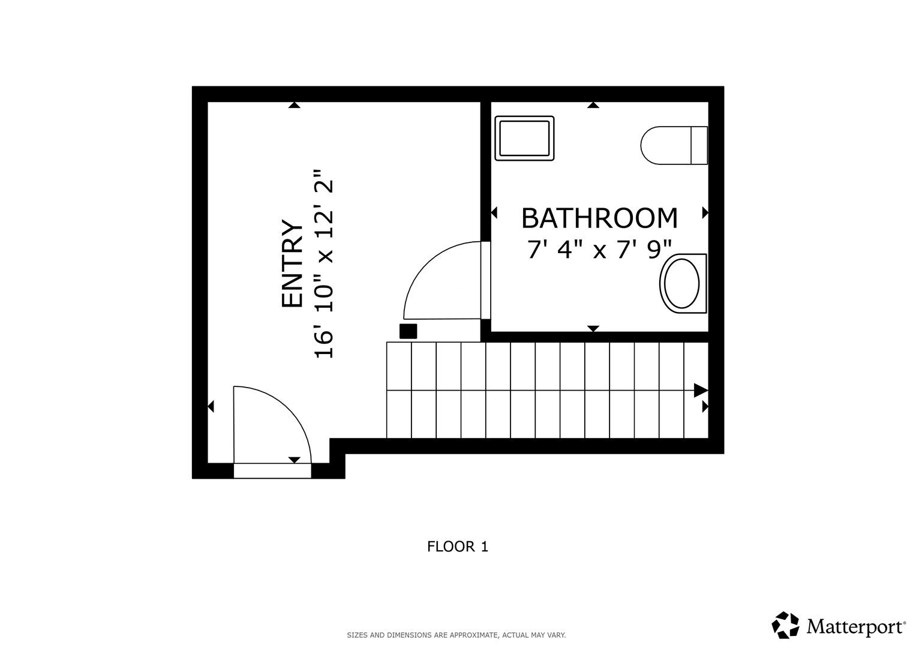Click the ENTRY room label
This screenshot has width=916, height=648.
coord(292,263)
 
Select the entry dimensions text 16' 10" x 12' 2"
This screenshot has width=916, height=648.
coord(324,263)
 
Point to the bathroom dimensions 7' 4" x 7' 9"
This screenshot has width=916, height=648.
coord(599,250)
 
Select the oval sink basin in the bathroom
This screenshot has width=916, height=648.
coord(683,283)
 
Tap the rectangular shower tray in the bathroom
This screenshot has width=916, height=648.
coord(524,138)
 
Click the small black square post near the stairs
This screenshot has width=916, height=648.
coord(408,331)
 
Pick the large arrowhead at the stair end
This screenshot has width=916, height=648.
coord(701,390)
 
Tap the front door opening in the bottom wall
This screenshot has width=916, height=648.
coord(272,470)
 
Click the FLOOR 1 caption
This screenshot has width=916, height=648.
coord(458,547)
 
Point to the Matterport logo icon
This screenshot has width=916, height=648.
coord(785,625)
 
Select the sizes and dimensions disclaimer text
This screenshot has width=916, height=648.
coord(457,635)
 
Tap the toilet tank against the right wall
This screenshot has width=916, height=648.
coord(699,145)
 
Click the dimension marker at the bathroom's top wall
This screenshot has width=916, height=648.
coord(593,105)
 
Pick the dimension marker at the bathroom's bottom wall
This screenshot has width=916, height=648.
coord(593,329)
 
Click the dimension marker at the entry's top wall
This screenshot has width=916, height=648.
coord(295,105)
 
